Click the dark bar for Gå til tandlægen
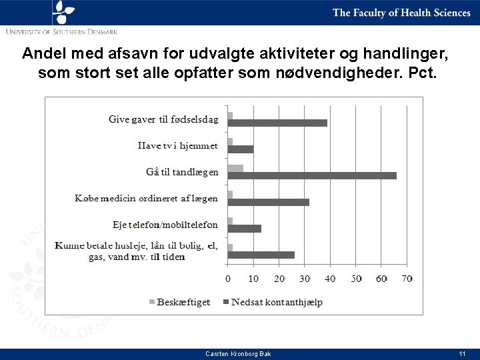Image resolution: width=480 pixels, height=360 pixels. coord(312,176)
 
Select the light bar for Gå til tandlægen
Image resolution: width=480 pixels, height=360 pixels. coord(236,169)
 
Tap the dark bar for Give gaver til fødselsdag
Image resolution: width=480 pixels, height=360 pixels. coord(277,123)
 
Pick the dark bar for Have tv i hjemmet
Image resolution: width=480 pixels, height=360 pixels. coord(241,149)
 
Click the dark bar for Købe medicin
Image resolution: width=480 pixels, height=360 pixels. coord(269,203)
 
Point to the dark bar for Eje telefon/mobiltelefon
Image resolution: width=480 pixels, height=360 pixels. coord(245,229)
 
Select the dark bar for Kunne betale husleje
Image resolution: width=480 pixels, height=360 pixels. coord(261,255)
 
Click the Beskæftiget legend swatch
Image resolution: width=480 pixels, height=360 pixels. coord(152,302)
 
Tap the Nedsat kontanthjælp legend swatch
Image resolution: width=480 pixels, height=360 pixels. coord(226,302)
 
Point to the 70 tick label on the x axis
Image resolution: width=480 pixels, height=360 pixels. coord(407,279)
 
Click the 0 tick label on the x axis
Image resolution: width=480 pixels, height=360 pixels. coord(228,279)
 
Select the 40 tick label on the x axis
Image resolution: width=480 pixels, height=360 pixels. coord(330,279)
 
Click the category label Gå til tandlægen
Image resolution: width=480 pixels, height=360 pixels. coord(182,173)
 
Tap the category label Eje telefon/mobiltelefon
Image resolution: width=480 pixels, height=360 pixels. coord(165,225)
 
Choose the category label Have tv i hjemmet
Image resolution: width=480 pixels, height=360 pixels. coord(177,145)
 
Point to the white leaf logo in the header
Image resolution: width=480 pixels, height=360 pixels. coord(63,12)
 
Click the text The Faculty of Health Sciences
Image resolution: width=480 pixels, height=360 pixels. coord(401,13)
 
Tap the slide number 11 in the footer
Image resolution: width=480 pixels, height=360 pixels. coord(462,354)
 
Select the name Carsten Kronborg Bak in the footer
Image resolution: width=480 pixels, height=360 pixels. coord(238,354)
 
